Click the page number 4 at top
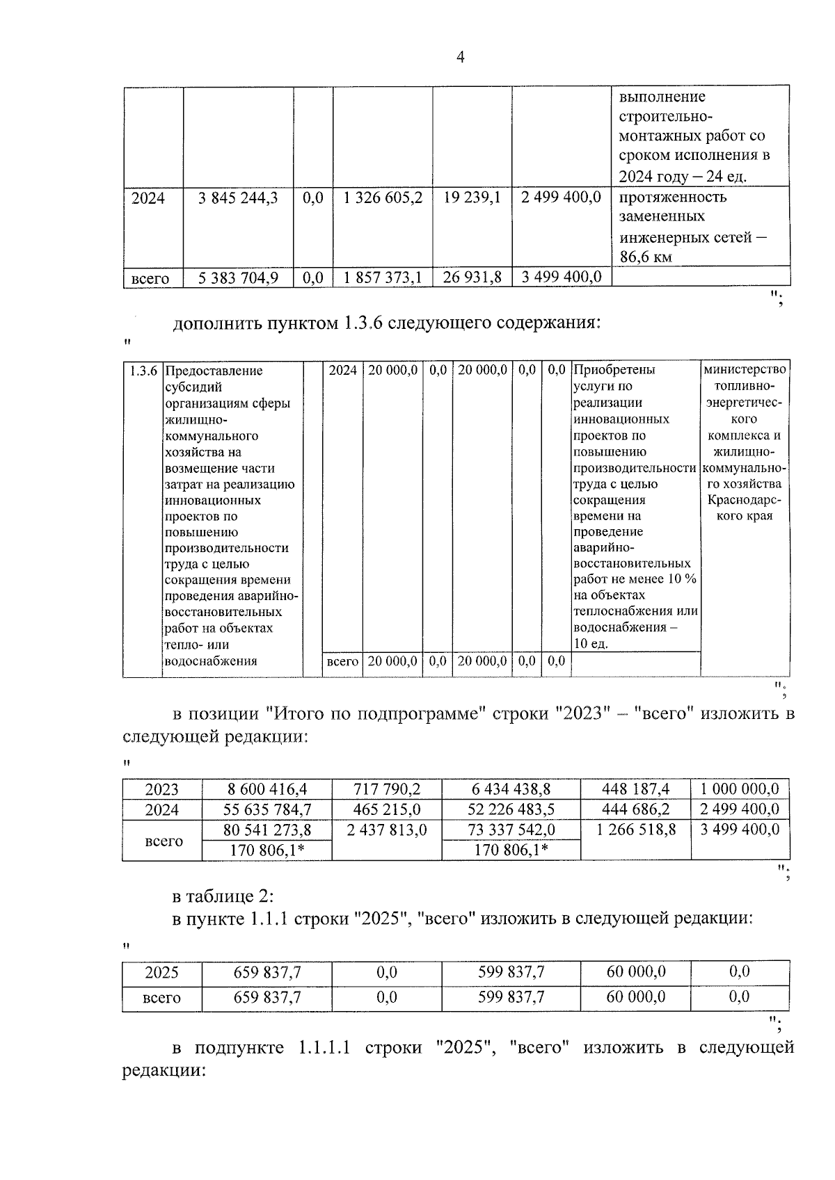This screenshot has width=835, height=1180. (x=460, y=58)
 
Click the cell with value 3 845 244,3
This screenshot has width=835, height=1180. (x=237, y=198)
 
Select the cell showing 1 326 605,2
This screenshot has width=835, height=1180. (x=383, y=198)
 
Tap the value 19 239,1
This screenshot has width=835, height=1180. (x=472, y=198)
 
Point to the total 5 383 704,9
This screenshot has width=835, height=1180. (x=237, y=278)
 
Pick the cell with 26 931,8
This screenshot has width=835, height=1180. (x=472, y=278)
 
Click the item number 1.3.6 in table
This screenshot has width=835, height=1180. (x=143, y=371)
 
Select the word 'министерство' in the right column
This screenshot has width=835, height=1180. (x=745, y=369)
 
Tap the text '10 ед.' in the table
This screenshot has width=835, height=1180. (x=590, y=644)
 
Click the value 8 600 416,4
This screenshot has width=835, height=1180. (x=267, y=789)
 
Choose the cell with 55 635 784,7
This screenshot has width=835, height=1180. (x=267, y=809)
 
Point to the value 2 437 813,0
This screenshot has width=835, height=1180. (x=386, y=830)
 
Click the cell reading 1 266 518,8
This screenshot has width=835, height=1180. (x=636, y=830)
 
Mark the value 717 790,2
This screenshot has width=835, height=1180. (x=386, y=789)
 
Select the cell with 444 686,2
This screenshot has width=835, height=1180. (x=636, y=809)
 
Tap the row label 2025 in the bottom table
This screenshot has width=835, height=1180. (x=161, y=973)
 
